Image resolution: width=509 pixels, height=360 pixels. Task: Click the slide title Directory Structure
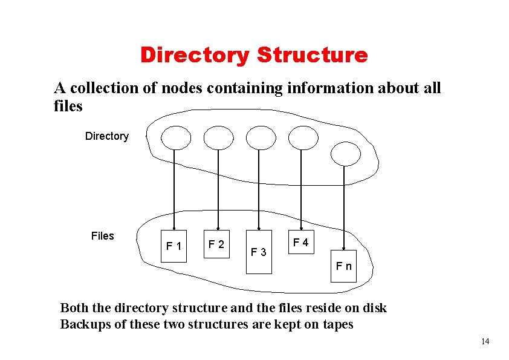pos(254,55)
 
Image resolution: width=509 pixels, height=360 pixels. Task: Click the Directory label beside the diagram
pos(107,136)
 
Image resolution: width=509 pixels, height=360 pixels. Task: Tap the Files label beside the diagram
pos(102,236)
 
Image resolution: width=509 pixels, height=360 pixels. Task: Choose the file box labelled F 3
pos(259,250)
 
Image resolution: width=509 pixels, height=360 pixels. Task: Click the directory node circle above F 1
pos(175,137)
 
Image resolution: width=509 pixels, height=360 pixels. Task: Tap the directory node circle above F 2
pos(218,137)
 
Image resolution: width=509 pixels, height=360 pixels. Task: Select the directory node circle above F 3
pos(261,137)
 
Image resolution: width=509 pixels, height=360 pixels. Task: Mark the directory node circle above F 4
pos(302,137)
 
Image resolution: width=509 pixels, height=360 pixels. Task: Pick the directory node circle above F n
pos(346,152)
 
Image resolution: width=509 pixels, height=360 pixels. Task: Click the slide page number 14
pos(485,342)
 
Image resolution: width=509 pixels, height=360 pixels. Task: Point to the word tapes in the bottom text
pos(338,324)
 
